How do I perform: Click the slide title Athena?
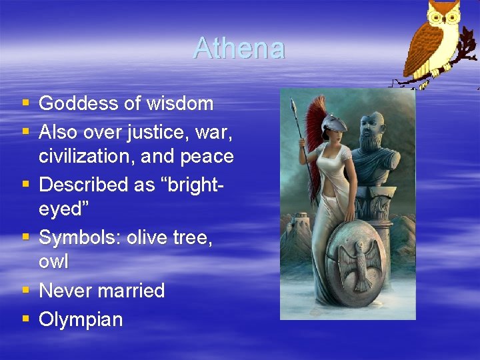[239, 49]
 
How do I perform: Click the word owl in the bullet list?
[53, 262]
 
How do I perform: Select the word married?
[130, 291]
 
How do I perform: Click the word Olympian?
[81, 320]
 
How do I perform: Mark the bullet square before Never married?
[25, 290]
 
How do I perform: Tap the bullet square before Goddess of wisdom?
[25, 103]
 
